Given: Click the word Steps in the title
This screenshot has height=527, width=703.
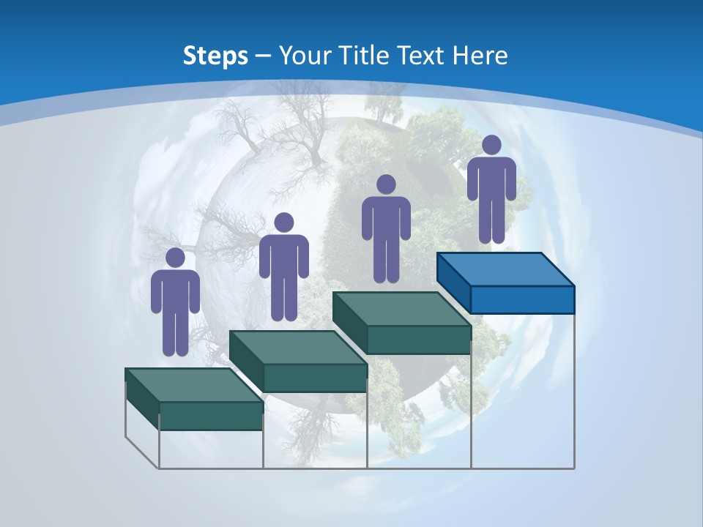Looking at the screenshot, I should coord(215,56).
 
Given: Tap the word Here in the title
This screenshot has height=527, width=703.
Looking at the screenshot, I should coord(481,56).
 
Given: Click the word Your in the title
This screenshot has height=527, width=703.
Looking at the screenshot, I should coord(305,56).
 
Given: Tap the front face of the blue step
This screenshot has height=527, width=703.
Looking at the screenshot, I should coord(522,299).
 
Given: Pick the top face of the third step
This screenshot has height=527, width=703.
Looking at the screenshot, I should coord(401,309).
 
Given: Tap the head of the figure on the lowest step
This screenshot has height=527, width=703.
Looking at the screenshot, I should coord(175,258).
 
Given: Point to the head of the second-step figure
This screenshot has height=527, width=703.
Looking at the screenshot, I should coord(283,223).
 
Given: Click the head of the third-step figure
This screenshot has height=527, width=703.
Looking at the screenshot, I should coord(386,184).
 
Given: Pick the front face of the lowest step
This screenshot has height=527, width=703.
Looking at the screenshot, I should coord(211,416).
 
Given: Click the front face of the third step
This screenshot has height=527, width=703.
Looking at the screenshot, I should coord(418,340).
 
